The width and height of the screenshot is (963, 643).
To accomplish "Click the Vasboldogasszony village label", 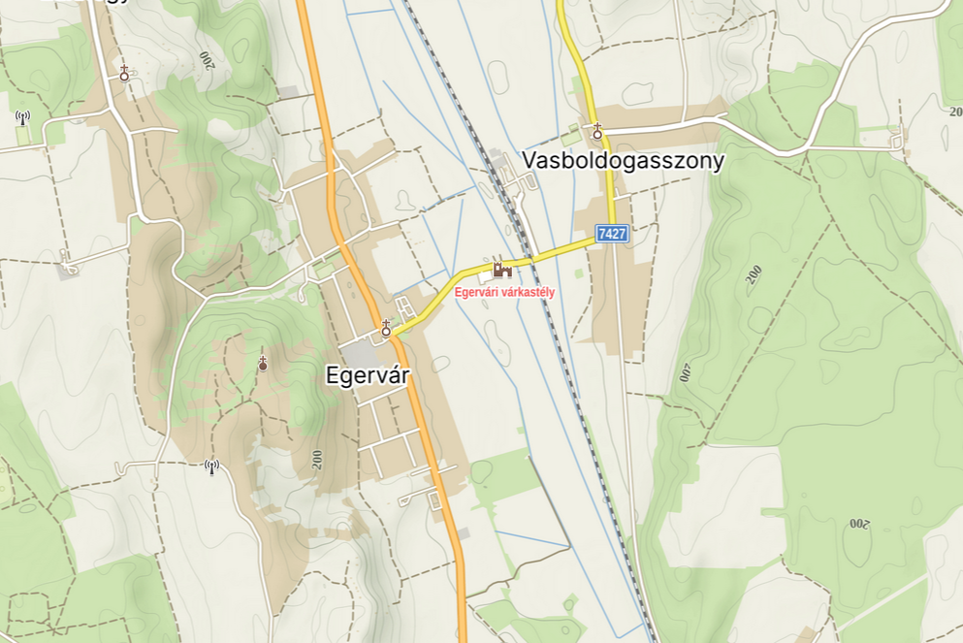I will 624,160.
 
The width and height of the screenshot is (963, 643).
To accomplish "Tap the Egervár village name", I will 369,375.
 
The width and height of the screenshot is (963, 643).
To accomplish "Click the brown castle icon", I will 502,270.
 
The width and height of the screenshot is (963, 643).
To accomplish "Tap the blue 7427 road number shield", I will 612,234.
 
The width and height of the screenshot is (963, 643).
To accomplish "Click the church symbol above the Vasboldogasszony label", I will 597,131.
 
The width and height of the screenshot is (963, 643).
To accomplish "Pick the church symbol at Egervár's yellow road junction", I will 386,329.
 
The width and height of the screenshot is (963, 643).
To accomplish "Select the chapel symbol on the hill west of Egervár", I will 262,364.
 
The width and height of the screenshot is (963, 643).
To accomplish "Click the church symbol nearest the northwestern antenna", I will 124,73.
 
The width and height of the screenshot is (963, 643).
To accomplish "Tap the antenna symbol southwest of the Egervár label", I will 211,467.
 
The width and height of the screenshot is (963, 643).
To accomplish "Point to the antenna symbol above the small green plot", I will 22,118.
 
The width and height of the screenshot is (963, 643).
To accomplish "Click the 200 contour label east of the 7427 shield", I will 754,274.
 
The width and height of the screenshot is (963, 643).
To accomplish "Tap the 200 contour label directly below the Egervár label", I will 317,460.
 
